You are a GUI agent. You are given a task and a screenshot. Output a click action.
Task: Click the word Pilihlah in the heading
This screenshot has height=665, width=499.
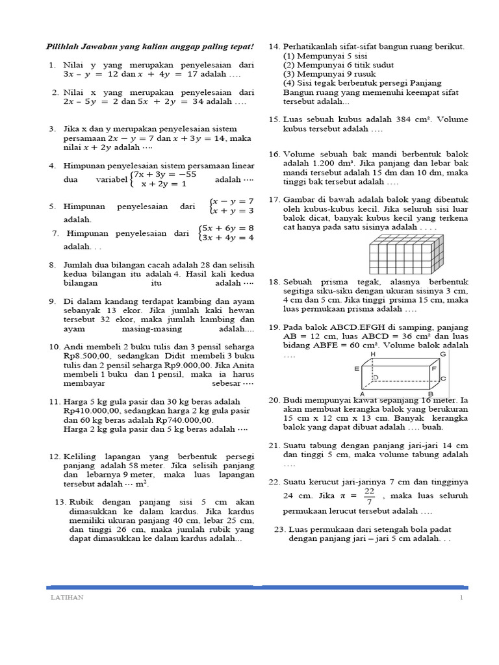click(x=62, y=47)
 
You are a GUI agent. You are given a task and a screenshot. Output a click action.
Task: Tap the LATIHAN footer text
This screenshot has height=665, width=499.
click(x=67, y=597)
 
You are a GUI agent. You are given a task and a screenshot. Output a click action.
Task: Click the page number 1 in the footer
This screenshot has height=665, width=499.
click(x=461, y=597)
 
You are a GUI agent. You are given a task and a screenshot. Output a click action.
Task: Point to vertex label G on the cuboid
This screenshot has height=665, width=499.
click(x=443, y=354)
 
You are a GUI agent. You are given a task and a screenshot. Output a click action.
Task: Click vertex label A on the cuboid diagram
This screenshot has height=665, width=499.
click(x=379, y=394)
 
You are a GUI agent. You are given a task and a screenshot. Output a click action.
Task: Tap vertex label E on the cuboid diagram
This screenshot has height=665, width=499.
click(x=357, y=368)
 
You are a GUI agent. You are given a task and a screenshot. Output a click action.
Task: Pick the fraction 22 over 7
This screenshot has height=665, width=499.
click(x=369, y=496)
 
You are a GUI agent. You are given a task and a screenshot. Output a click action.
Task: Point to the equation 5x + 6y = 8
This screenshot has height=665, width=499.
click(x=227, y=229)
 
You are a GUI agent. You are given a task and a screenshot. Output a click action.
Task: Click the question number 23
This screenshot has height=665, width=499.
click(x=280, y=529)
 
